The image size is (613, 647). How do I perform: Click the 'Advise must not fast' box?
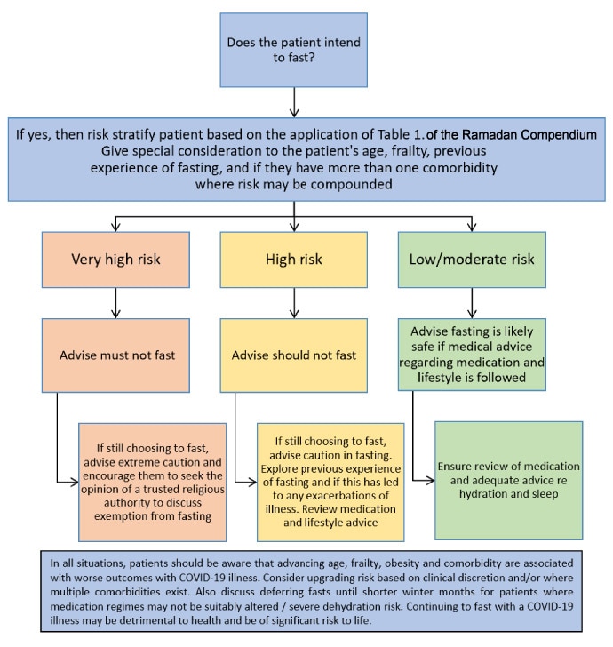click(x=115, y=355)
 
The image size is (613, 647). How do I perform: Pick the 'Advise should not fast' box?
click(x=293, y=355)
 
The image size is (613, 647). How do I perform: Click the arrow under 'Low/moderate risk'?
click(x=472, y=302)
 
